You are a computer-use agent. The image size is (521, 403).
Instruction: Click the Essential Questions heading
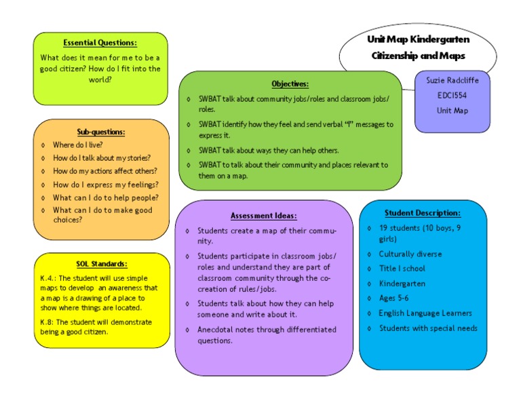tap(100, 43)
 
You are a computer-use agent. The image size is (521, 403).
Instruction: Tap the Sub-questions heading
tap(101, 132)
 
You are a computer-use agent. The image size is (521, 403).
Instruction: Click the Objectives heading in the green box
tap(290, 84)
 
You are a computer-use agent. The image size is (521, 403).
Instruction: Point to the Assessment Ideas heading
tap(263, 216)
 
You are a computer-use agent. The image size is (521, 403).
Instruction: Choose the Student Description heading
tap(422, 213)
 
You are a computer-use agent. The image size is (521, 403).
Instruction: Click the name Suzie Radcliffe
tap(452, 80)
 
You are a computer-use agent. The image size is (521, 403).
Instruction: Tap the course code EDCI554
tap(452, 95)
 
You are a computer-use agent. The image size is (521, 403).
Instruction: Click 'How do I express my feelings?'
tap(105, 185)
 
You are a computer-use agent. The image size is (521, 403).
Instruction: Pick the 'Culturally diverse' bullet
tap(410, 254)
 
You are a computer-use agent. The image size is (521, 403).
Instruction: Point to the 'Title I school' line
tap(402, 269)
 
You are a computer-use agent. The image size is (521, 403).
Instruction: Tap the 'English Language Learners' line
tap(425, 313)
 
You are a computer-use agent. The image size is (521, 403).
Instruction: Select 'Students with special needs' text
tap(427, 328)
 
